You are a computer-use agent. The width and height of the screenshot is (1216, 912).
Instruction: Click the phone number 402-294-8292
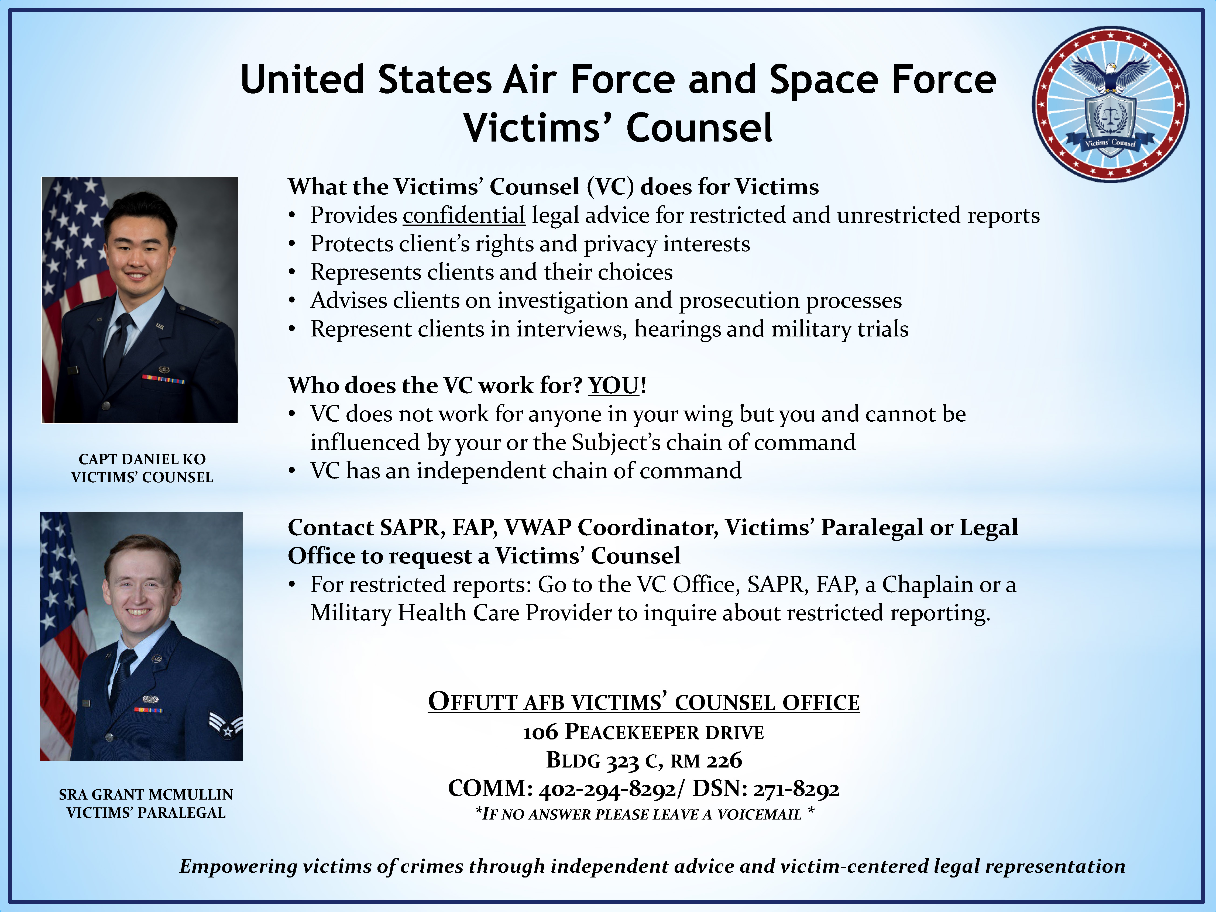[x=607, y=789]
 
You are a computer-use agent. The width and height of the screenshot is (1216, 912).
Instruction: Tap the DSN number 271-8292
[x=796, y=789]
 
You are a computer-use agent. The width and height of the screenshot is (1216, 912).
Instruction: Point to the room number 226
[x=724, y=760]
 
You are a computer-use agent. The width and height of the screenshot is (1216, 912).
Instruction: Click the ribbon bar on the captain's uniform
[x=163, y=379]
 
